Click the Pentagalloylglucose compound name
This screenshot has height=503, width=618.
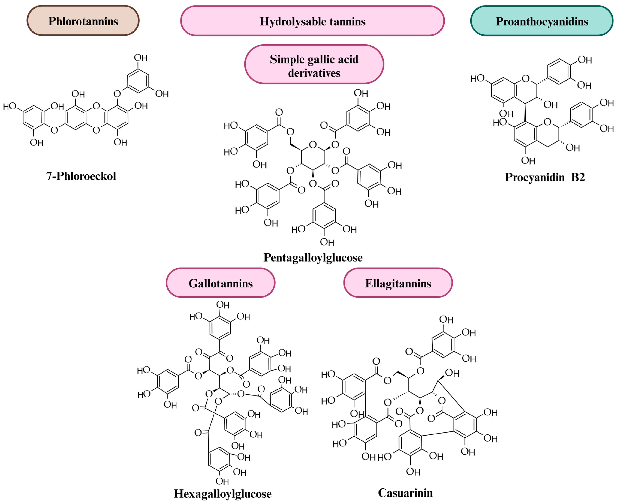pos(313,257)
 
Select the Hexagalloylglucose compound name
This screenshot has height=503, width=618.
pos(223,493)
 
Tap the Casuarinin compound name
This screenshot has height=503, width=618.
pos(405,493)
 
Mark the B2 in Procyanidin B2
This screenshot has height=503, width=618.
pos(578,177)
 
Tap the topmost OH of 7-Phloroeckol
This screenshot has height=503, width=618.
pos(141,58)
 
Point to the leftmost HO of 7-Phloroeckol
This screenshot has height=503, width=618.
pos(10,106)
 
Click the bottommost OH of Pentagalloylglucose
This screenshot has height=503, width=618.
pos(327,242)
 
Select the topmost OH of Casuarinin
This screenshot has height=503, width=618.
pos(446,320)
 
